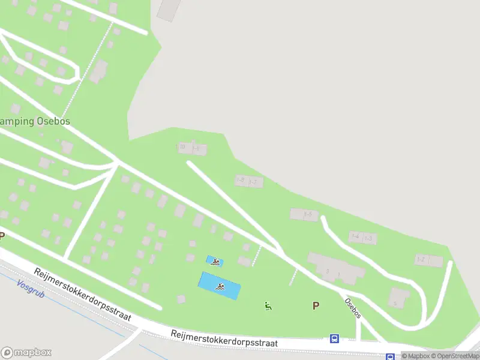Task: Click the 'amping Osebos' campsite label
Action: (x=35, y=121)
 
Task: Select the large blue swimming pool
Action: (x=220, y=286)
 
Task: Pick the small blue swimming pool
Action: (x=215, y=261)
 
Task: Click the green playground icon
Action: (x=268, y=306)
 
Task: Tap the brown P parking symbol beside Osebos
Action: (x=316, y=305)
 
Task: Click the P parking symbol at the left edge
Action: (x=2, y=236)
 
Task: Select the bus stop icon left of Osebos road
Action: (x=334, y=338)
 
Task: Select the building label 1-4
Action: (x=355, y=237)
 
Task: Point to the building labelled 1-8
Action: (x=241, y=180)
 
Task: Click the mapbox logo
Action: (x=26, y=353)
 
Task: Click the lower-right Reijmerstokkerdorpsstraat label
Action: (x=224, y=338)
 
